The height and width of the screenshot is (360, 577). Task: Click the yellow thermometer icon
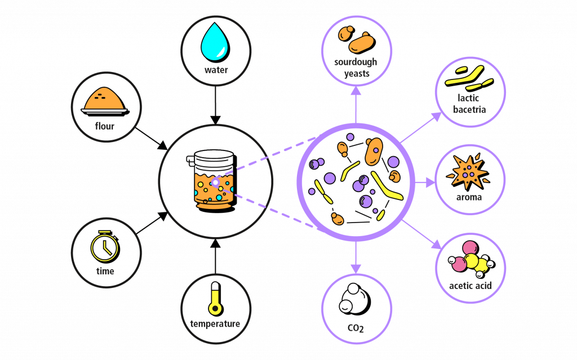pos(215,298)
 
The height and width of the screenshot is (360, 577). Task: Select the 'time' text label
pos(105,271)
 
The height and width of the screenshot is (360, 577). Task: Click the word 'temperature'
pos(215,323)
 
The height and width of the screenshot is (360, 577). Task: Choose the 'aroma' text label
pos(469,197)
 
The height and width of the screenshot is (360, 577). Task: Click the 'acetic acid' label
pos(470,286)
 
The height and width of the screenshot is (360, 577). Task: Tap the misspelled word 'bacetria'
pos(469,109)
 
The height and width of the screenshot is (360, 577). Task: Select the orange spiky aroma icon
pos(468,172)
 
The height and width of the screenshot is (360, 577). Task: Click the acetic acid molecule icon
pos(470,260)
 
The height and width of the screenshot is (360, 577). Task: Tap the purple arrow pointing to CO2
pos(355,256)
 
